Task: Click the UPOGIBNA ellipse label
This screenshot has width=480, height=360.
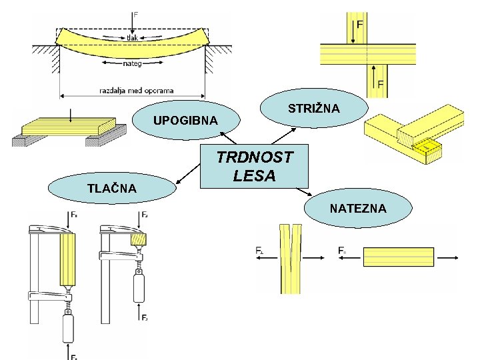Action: tap(185, 121)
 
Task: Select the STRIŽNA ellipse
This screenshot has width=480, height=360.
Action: tap(313, 107)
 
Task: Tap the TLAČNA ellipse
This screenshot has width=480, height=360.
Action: tap(111, 189)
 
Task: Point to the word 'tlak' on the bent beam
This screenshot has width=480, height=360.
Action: tap(133, 37)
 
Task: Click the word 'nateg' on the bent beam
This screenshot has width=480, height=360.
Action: tap(132, 64)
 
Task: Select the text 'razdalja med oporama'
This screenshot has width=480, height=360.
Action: tap(136, 90)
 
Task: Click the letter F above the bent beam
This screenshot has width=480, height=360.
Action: tap(136, 14)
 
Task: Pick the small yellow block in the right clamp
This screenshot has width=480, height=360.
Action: tap(139, 238)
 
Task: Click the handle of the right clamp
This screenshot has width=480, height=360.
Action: tap(139, 287)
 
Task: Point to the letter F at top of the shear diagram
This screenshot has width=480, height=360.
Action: tap(360, 24)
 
